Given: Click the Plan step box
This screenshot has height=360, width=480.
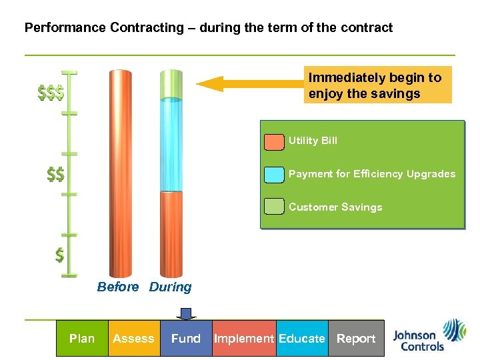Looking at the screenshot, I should click(82, 339).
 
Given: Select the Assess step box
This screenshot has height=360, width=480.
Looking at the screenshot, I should click(133, 339).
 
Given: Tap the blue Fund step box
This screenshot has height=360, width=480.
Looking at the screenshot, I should click(185, 339).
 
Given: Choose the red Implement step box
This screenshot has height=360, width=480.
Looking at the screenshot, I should click(243, 339).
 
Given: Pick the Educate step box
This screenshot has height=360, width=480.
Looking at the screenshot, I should click(301, 339).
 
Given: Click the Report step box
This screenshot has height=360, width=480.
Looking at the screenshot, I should click(356, 339).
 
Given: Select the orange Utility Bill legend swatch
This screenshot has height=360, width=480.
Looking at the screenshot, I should click(274, 141).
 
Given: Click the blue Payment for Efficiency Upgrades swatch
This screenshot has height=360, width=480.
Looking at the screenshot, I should click(274, 175).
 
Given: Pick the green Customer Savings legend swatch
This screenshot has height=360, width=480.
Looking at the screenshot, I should click(274, 207).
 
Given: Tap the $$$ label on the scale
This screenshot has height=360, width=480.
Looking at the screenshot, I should click(51, 93).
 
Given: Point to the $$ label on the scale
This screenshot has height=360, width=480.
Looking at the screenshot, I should click(55, 175).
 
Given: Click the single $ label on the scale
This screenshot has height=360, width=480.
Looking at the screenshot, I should click(60, 255).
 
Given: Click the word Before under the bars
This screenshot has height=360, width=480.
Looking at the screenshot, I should click(118, 287).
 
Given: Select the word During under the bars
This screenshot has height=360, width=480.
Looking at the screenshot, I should click(170, 287).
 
